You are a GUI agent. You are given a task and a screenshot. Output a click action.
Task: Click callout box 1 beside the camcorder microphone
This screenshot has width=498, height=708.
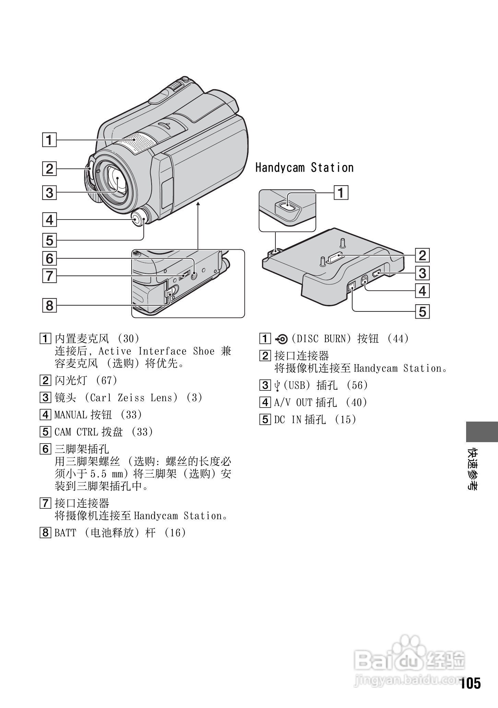(x=49, y=140)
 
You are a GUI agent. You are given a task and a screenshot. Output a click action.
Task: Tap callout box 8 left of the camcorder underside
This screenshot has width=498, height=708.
(x=49, y=305)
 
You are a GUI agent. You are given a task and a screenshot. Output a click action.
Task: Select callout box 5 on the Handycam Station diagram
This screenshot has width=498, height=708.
(x=422, y=312)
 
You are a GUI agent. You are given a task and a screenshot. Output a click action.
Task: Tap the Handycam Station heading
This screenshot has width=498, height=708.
(x=304, y=168)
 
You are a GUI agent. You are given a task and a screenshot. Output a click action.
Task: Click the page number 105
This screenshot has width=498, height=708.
(x=470, y=683)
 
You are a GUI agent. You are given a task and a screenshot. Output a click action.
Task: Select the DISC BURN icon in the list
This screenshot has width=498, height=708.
(x=282, y=339)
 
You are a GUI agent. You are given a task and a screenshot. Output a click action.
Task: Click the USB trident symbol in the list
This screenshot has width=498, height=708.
(x=277, y=386)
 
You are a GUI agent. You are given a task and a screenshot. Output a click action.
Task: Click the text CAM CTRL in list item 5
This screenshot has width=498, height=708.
(x=76, y=432)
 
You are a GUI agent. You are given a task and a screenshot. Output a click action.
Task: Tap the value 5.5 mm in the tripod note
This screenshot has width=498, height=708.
(x=106, y=474)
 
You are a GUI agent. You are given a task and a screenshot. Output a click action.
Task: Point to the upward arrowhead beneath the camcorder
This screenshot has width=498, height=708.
(x=198, y=204)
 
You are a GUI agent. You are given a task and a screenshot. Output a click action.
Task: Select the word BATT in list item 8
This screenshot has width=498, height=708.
(x=65, y=533)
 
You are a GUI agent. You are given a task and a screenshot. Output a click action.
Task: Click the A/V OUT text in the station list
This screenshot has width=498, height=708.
(x=293, y=402)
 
